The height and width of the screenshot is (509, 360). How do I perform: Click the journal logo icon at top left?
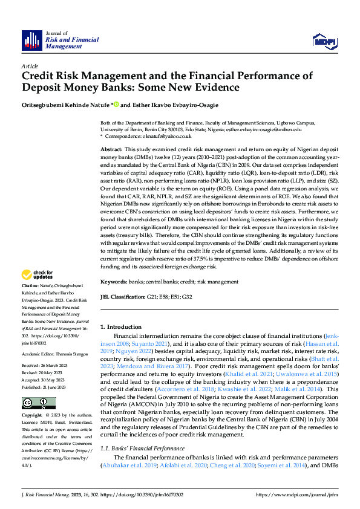click(31, 40)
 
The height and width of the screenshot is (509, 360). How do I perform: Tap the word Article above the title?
click(29, 65)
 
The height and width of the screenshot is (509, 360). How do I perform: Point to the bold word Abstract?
click(111, 149)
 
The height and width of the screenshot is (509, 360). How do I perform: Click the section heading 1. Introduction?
click(121, 326)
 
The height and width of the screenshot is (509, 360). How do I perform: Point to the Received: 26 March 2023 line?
click(43, 349)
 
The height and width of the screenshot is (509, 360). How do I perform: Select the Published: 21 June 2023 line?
click(43, 369)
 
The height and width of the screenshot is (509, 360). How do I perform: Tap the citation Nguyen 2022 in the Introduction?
click(134, 350)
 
